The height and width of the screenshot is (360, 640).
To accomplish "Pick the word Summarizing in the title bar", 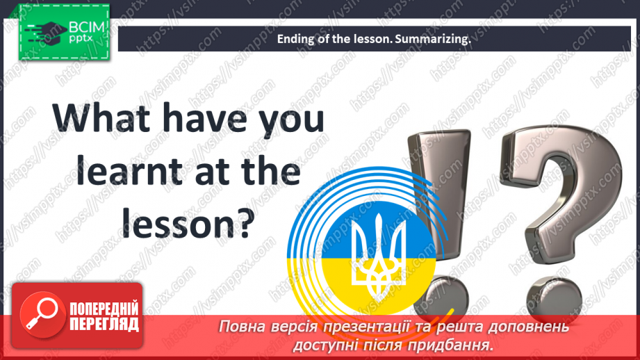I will [x=433, y=40].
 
